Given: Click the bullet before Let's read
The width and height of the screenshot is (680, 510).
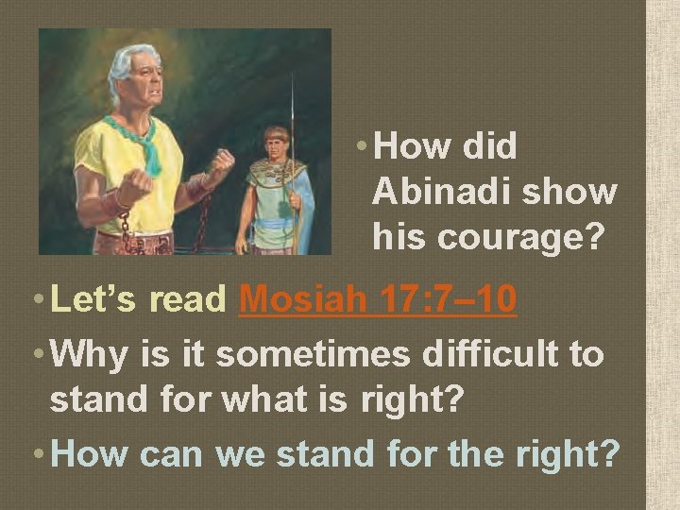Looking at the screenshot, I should point(38,301).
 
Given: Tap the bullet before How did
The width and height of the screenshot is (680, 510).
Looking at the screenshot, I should point(364,148).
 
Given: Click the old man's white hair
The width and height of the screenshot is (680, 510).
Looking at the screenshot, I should point(130,59).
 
